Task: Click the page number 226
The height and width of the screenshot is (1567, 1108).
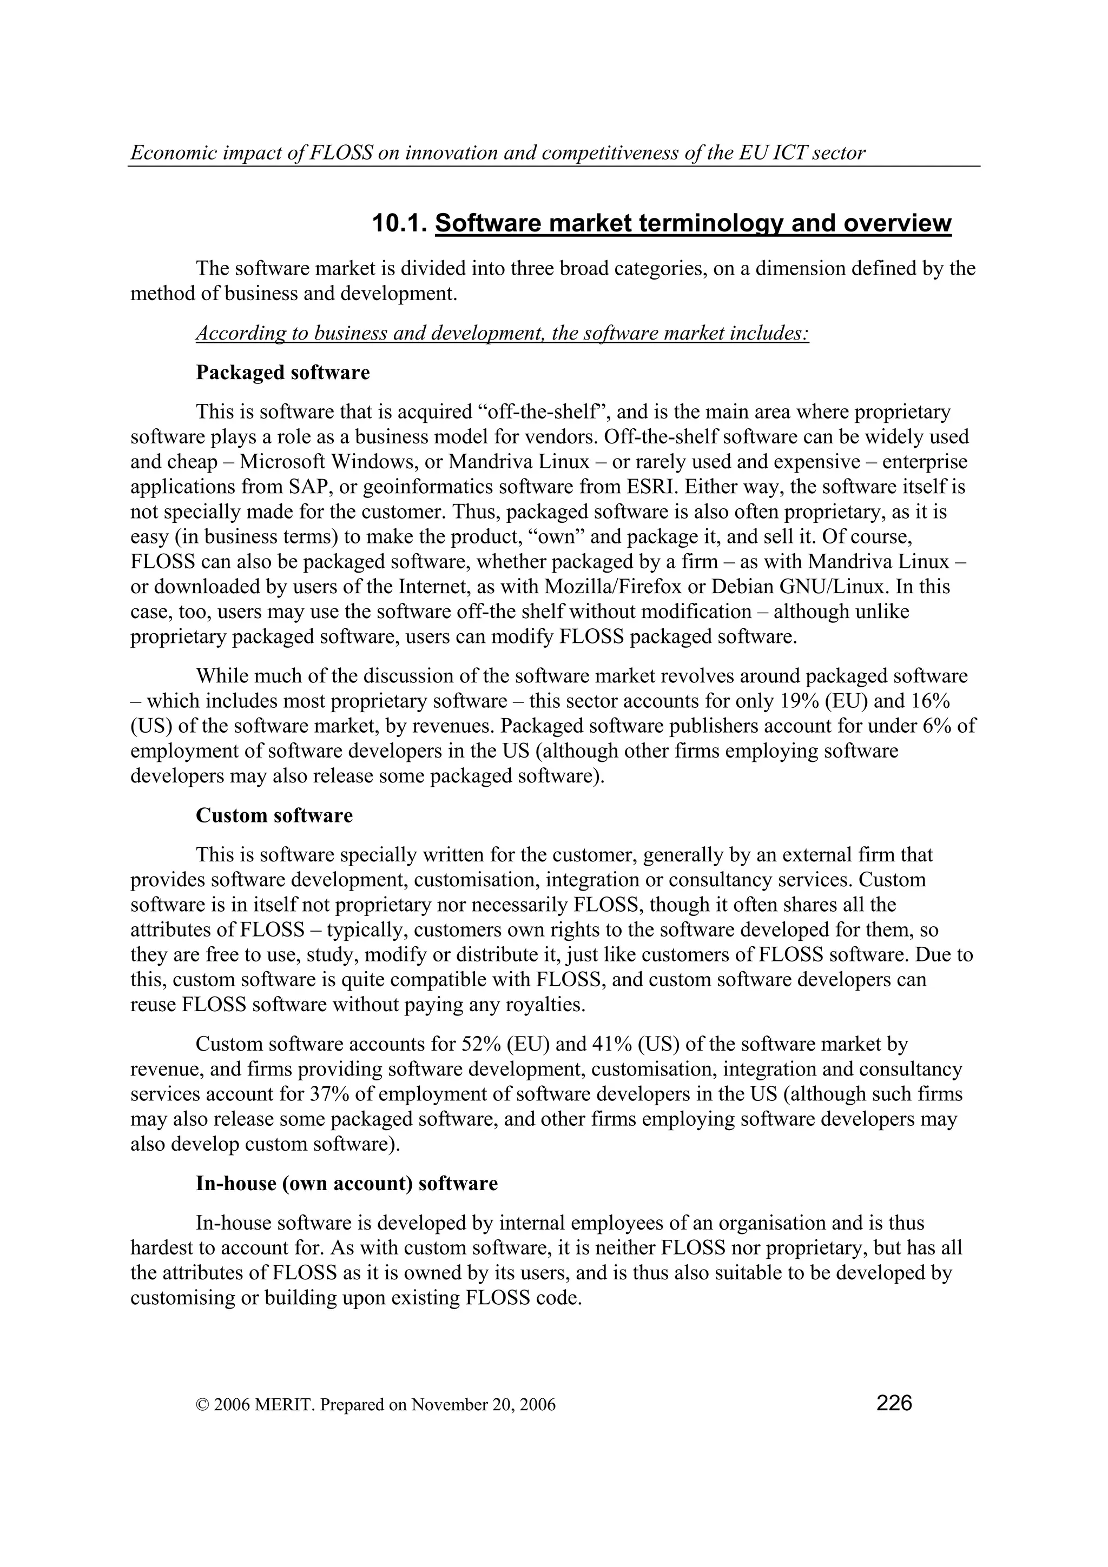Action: click(894, 1403)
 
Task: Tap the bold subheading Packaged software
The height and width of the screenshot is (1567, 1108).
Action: click(282, 373)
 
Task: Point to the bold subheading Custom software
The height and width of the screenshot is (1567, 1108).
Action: click(274, 815)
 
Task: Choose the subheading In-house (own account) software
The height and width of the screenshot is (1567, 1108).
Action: click(347, 1183)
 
